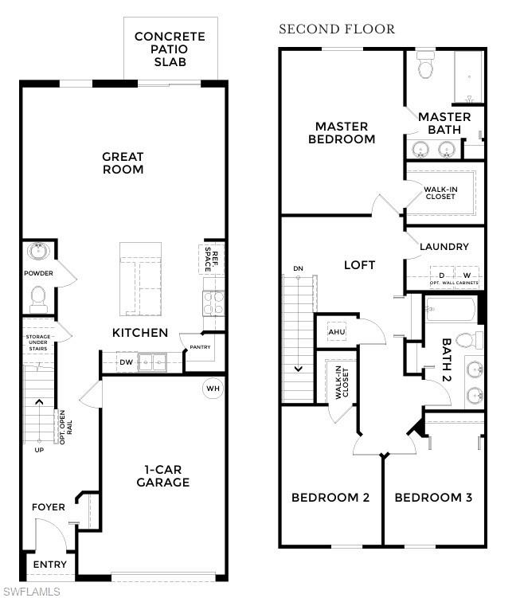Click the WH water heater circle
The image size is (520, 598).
[x=213, y=389]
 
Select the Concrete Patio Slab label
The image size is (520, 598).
[x=170, y=49]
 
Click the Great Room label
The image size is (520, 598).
[x=123, y=163]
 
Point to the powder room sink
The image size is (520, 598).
[x=37, y=252]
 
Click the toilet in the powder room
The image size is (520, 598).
[x=37, y=299]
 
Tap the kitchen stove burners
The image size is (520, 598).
[x=213, y=303]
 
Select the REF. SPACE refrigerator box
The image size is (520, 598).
[x=211, y=257]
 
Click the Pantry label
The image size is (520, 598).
[x=200, y=347]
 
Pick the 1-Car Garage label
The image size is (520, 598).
[x=162, y=475]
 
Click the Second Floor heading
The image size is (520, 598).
[x=336, y=29]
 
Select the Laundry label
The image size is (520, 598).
[x=444, y=247]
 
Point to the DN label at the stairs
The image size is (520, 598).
[x=298, y=268]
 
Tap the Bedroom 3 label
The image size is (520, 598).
[x=433, y=498]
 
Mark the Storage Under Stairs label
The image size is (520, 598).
[x=37, y=341]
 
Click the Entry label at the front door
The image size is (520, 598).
[x=49, y=565]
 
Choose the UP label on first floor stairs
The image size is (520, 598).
[x=39, y=450]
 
